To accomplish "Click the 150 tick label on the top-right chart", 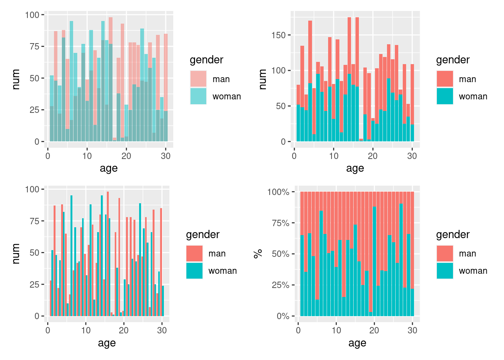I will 278,35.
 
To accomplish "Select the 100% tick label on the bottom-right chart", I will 278,192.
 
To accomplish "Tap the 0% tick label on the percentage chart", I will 283,316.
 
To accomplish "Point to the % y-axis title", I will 258,254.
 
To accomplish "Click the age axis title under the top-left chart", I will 109,168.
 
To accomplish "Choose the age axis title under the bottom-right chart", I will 357,343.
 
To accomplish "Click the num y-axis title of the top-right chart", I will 262,79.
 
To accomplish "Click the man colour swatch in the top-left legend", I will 198,79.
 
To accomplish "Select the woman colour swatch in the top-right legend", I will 445,96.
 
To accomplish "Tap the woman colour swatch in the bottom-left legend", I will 194,271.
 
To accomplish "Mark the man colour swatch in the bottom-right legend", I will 445,253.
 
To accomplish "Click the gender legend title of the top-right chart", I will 453,60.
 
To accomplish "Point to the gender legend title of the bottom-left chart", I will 202,235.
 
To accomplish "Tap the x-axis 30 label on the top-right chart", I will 412,156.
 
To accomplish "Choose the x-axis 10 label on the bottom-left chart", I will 86,330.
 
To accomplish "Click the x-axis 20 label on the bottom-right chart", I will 374,330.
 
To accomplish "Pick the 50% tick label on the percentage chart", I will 280,254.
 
